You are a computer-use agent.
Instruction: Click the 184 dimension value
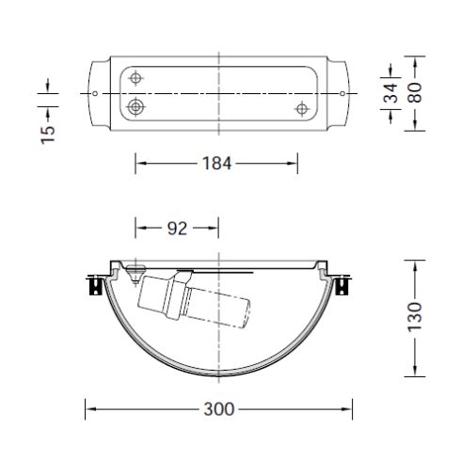pos(218,164)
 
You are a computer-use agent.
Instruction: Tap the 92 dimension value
pos(176,227)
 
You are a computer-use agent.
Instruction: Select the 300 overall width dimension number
pos(218,409)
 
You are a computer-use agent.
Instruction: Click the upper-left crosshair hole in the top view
pos(137,78)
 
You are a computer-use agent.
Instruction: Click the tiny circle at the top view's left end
pos(97,93)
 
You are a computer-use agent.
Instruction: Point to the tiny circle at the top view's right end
pos(340,93)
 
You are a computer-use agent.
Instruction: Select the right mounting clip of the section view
pos(344,285)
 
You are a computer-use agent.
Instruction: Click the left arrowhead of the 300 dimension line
pos(90,409)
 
